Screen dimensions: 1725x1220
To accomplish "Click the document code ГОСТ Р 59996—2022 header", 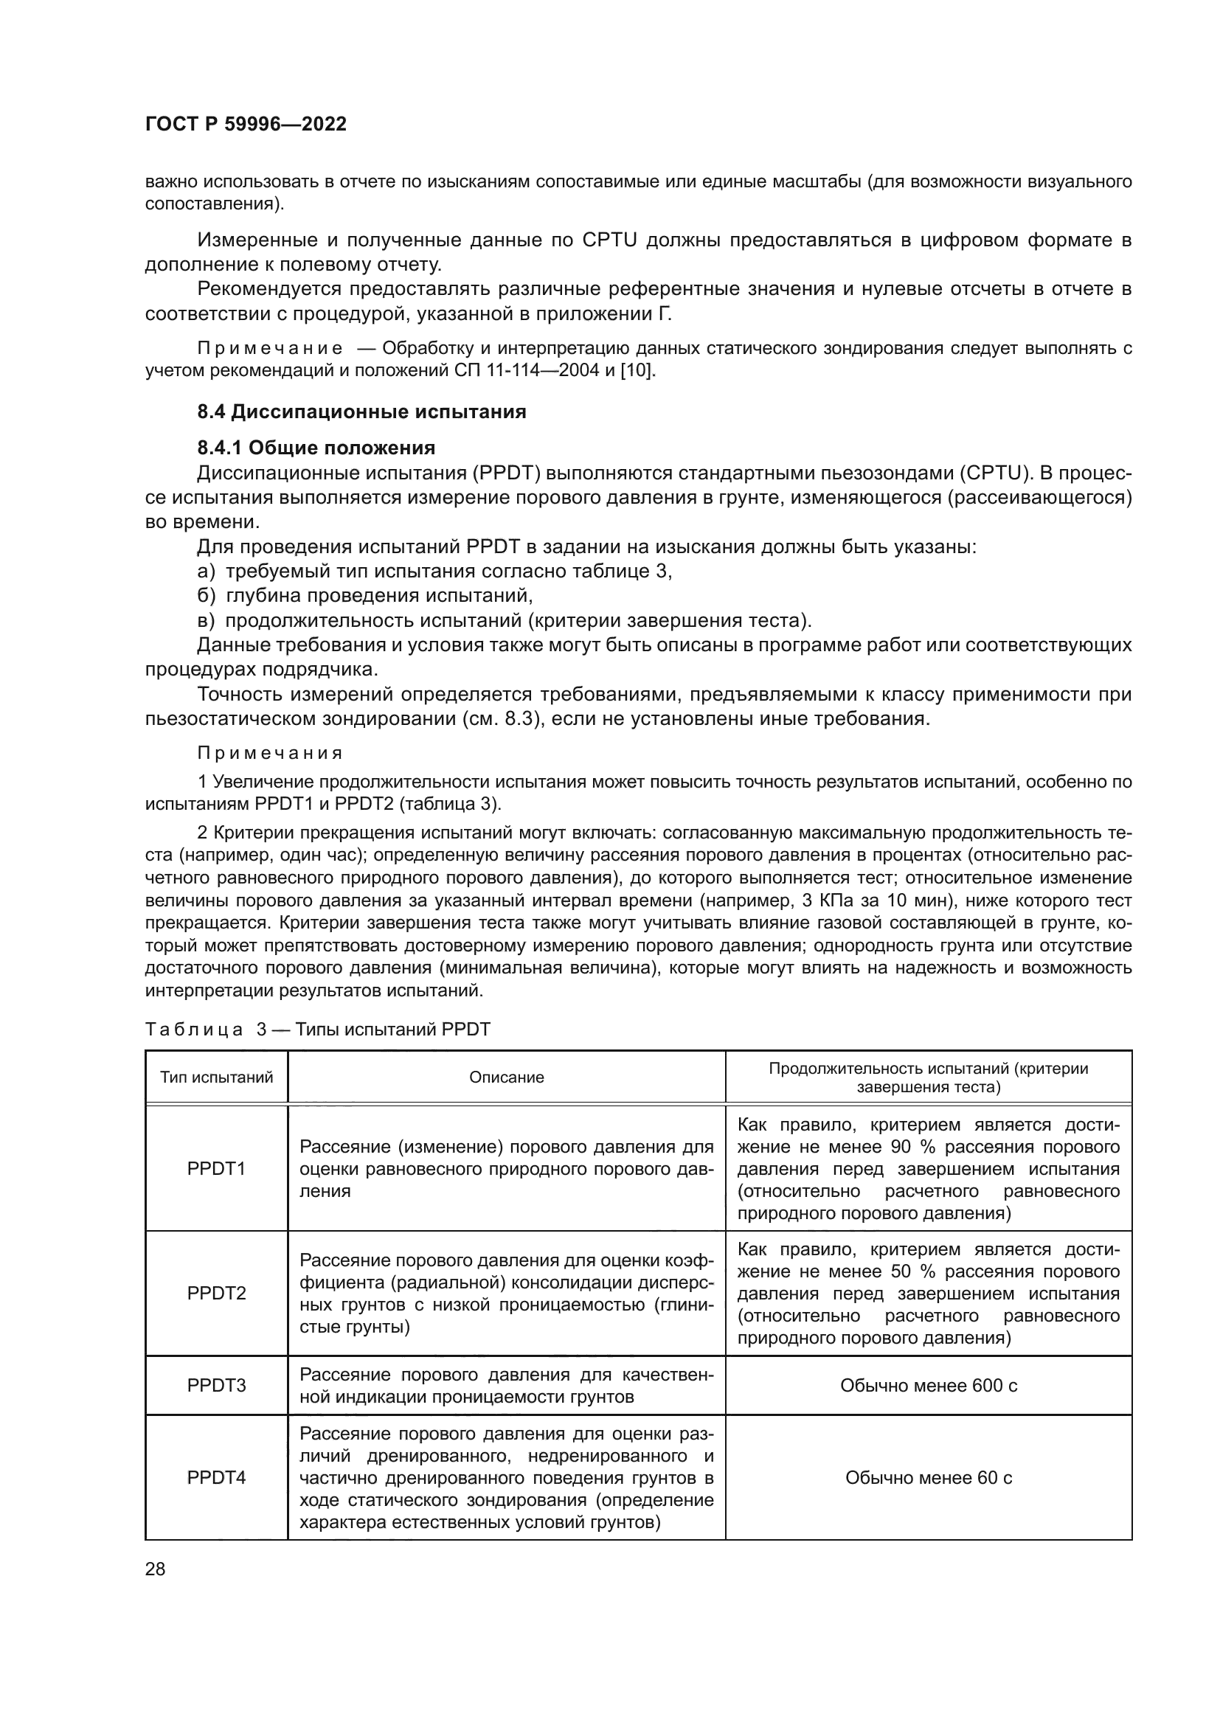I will click(x=246, y=125).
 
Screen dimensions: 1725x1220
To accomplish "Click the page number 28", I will click(x=155, y=1569).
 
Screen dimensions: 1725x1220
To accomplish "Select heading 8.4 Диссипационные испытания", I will click(x=361, y=412).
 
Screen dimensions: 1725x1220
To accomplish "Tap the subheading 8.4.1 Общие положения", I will click(x=316, y=448).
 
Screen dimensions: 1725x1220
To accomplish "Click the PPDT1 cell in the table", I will click(x=216, y=1169).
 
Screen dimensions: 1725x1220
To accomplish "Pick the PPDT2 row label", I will click(x=216, y=1293).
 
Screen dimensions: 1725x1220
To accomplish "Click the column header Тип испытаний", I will click(x=216, y=1077).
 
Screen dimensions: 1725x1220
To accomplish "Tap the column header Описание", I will click(x=506, y=1077).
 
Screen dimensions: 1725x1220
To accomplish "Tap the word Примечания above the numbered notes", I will click(x=271, y=754).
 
